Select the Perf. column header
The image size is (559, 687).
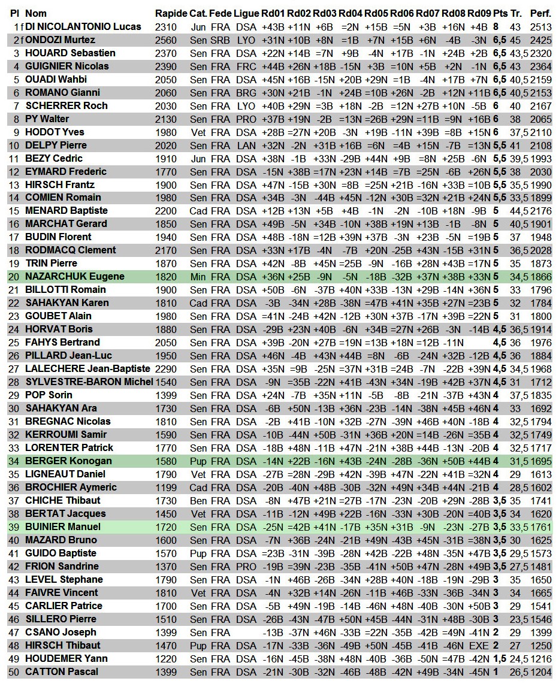pyautogui.click(x=540, y=13)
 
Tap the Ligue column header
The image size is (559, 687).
pyautogui.click(x=246, y=13)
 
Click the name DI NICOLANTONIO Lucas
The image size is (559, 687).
pyautogui.click(x=83, y=26)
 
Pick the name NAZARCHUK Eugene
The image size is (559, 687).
pyautogui.click(x=75, y=277)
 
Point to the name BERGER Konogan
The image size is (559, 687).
pyautogui.click(x=68, y=461)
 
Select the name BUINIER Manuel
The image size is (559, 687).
pyautogui.click(x=63, y=527)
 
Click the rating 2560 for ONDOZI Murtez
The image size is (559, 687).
pyautogui.click(x=166, y=40)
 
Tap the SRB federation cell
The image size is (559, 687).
pyautogui.click(x=220, y=40)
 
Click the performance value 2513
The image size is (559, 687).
pyautogui.click(x=540, y=26)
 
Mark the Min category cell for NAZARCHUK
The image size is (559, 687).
pyautogui.click(x=198, y=277)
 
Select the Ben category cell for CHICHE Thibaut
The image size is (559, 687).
pyautogui.click(x=198, y=501)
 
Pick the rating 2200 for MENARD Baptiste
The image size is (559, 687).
pyautogui.click(x=166, y=211)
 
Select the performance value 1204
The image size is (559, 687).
pyautogui.click(x=540, y=672)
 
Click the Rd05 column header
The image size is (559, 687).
pyautogui.click(x=376, y=13)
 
